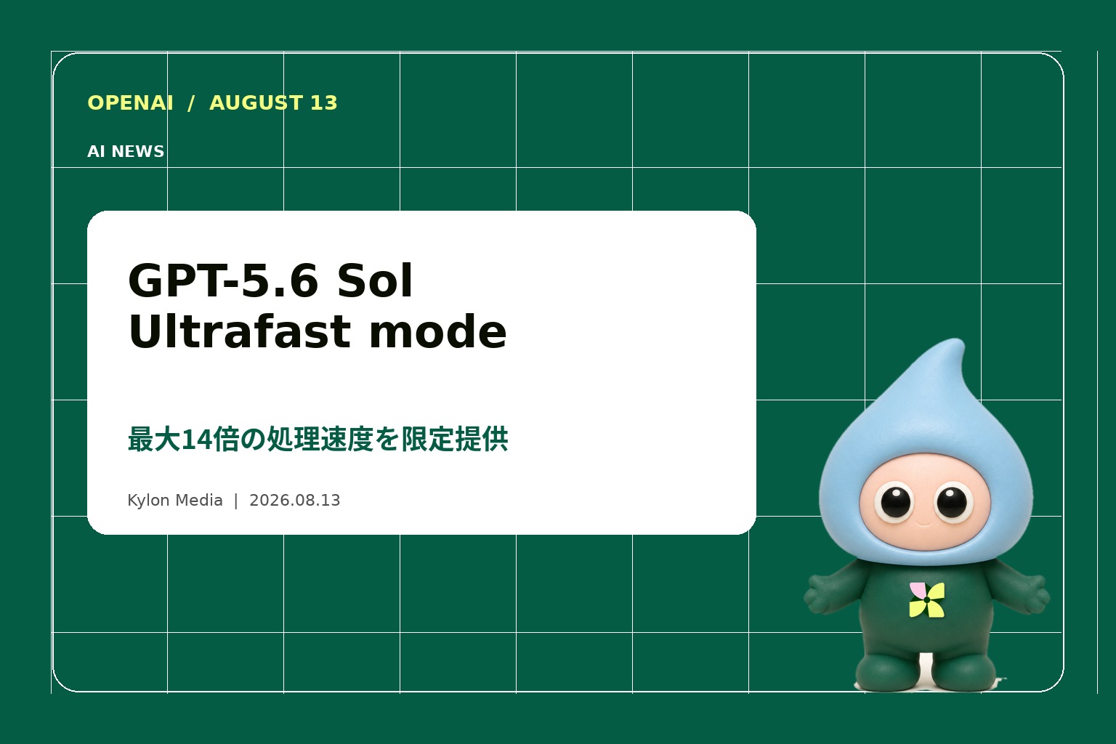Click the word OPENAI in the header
[131, 102]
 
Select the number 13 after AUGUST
[324, 102]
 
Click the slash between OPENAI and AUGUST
[191, 103]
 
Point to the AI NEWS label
[126, 152]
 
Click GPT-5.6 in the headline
[223, 280]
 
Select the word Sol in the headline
[375, 280]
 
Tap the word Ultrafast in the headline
[240, 332]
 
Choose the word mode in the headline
[438, 332]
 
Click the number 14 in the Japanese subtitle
[193, 440]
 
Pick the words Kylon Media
[175, 500]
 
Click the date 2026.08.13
[294, 500]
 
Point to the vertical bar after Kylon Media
[235, 501]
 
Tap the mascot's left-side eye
[895, 502]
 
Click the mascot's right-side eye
[953, 502]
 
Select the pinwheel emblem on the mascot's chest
[926, 600]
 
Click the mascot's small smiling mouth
[924, 523]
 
